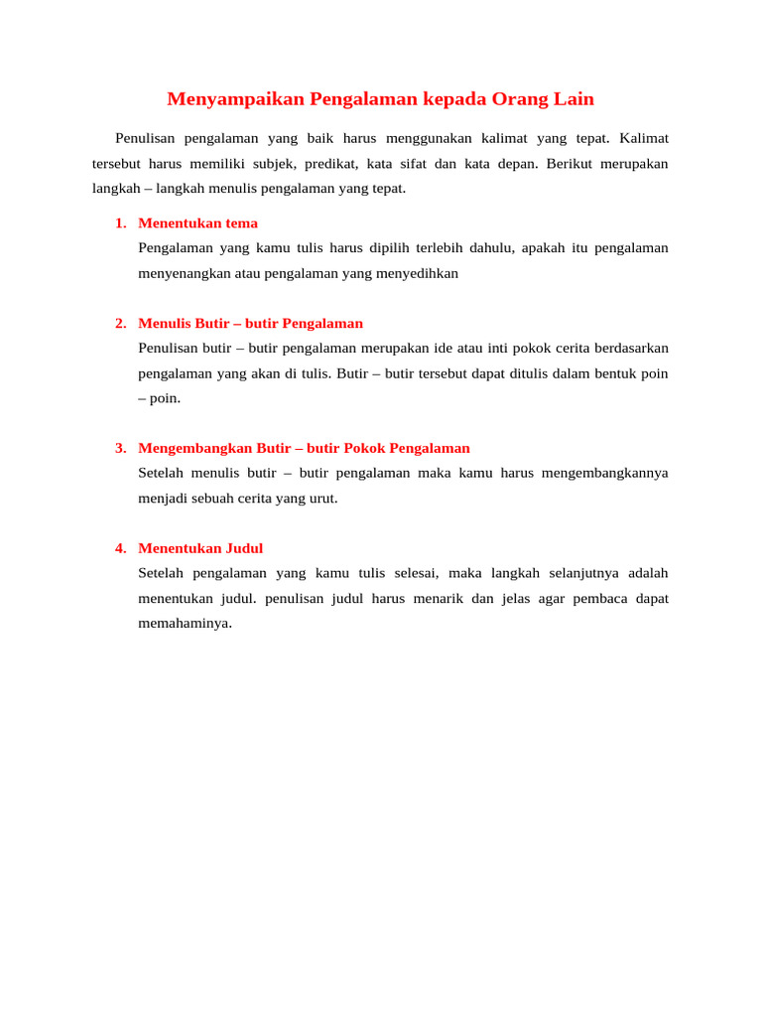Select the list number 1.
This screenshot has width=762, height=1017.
[120, 223]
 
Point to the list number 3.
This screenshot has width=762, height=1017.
[120, 448]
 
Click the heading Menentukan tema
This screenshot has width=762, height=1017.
[197, 223]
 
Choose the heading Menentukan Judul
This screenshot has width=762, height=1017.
[200, 548]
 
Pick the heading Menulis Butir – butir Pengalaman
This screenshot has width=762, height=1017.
[250, 324]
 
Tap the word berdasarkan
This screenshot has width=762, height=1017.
[628, 349]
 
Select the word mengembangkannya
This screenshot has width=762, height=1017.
[605, 473]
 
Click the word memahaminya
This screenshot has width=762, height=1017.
[185, 624]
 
